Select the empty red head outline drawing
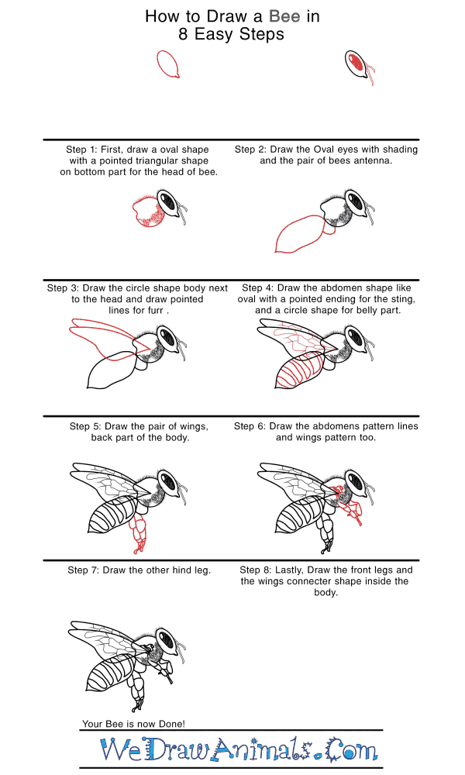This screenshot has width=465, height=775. [169, 64]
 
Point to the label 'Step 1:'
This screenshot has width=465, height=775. [83, 150]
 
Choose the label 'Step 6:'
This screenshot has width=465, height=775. [250, 426]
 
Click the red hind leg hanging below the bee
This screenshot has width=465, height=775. [140, 535]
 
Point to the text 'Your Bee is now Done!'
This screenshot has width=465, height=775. [133, 724]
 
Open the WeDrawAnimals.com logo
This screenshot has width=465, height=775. [238, 749]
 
